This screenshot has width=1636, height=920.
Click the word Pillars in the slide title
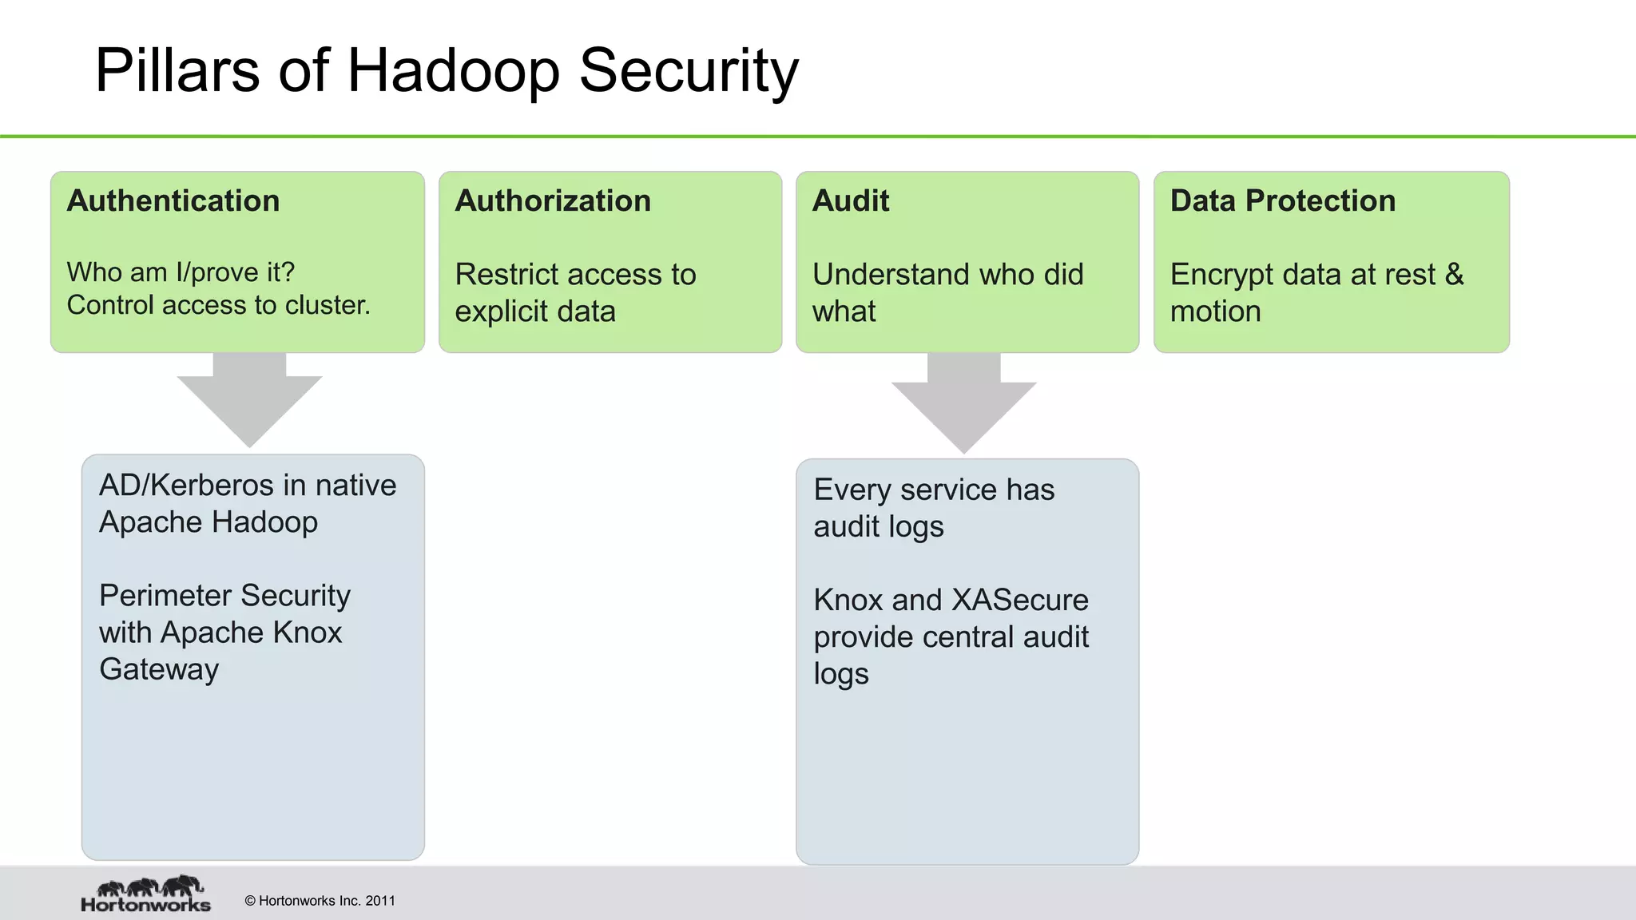pos(177,70)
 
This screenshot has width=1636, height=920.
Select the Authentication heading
pos(173,200)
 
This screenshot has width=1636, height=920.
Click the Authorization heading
pos(553,200)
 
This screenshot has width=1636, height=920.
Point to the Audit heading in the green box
pos(851,200)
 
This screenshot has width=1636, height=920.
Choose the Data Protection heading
pos(1283,200)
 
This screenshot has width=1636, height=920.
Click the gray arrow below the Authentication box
pos(249,399)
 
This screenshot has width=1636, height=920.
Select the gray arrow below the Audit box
pos(963,403)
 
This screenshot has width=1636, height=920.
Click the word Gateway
pos(159,669)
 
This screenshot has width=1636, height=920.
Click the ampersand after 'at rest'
pos(1454,274)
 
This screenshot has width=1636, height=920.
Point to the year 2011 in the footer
pos(380,901)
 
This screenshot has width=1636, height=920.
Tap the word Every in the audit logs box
pos(852,490)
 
